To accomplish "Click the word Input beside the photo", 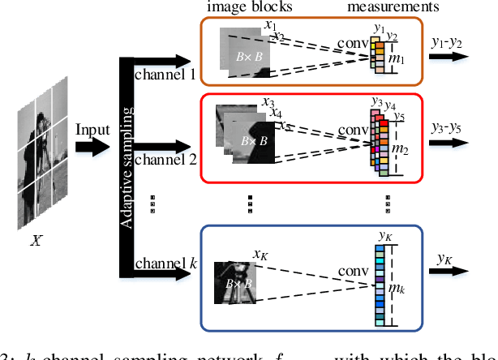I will click(x=92, y=131).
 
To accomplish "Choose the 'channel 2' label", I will click(x=165, y=159).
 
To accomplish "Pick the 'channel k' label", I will click(x=165, y=263).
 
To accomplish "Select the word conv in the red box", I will click(x=354, y=130).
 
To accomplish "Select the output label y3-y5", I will click(x=447, y=128).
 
